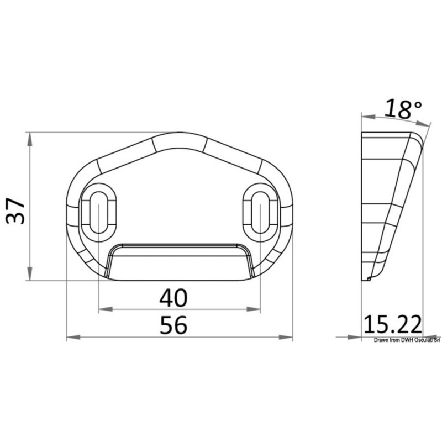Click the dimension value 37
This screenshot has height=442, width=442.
(x=15, y=211)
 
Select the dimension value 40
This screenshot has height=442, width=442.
(x=173, y=298)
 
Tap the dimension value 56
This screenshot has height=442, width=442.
(x=173, y=325)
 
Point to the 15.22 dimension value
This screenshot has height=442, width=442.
(x=393, y=324)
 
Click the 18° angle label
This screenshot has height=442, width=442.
(x=403, y=109)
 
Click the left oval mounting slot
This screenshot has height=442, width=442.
(x=99, y=213)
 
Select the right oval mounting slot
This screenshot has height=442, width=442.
(x=260, y=213)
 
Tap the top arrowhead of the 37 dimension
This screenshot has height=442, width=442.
(x=29, y=139)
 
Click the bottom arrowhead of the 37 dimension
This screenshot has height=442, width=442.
(x=29, y=273)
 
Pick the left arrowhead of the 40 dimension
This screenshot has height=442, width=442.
(x=106, y=309)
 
